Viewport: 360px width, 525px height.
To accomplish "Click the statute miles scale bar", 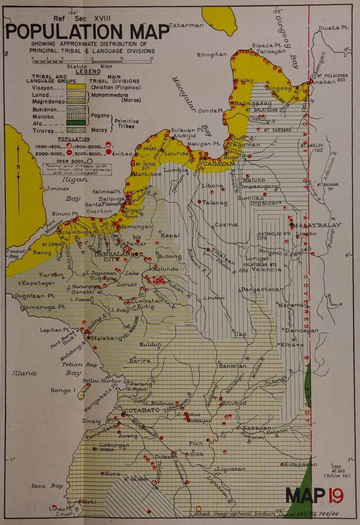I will [x=93, y=62].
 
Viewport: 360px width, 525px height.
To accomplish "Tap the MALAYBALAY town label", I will [x=317, y=225].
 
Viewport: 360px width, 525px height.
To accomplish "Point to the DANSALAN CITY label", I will [x=111, y=257].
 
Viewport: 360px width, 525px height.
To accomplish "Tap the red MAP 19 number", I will [x=336, y=496].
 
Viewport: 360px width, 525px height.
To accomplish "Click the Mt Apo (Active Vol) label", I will [x=337, y=471].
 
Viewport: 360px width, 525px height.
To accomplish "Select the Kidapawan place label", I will [x=301, y=464].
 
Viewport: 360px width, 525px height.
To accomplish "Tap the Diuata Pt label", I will [x=333, y=28].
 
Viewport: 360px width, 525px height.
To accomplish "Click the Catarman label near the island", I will [x=186, y=25].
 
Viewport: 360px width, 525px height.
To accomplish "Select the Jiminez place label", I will [x=57, y=188].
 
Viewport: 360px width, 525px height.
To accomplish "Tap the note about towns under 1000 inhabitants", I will [x=78, y=169].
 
